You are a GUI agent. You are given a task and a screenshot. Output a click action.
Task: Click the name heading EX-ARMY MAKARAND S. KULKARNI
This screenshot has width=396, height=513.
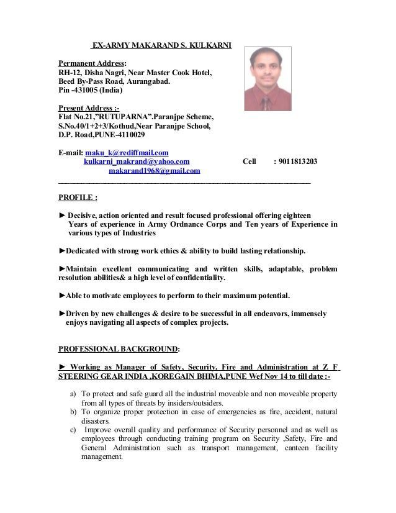click(161, 45)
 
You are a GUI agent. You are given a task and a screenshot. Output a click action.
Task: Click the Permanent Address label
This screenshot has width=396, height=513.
click(92, 63)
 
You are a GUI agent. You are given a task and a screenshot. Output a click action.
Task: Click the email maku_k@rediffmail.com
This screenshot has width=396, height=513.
click(127, 152)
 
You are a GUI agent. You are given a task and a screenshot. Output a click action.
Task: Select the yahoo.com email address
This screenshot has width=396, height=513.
click(137, 161)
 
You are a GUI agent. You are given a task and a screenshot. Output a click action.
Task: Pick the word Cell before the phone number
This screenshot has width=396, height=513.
click(249, 161)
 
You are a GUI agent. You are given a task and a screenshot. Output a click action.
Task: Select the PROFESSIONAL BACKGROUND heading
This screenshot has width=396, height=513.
click(119, 348)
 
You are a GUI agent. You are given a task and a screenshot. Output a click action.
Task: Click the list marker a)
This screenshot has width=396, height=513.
click(73, 394)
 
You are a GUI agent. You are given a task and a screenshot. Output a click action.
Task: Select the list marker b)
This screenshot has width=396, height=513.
click(73, 412)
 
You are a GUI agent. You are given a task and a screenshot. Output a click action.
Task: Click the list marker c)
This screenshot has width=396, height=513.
click(73, 430)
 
